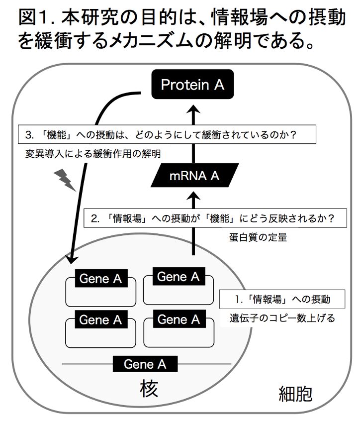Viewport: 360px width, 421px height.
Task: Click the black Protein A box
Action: tap(192, 85)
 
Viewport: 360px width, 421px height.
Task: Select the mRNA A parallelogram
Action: tap(194, 176)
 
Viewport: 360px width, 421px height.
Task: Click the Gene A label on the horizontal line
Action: tap(145, 364)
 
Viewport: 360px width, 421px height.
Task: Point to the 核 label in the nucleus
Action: tap(148, 388)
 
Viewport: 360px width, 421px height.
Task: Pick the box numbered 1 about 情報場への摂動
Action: tap(282, 299)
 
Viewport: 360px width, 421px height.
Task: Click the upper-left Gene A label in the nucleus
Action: tap(100, 279)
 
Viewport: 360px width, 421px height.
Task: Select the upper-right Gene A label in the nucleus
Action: tap(178, 276)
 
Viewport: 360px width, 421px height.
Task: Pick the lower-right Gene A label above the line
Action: tap(179, 319)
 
